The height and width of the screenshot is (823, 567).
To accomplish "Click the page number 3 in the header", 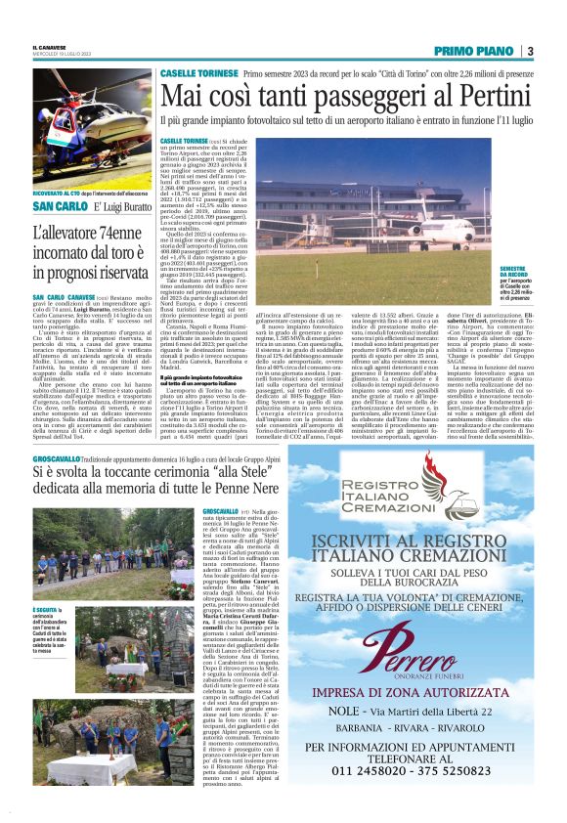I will [x=530, y=51].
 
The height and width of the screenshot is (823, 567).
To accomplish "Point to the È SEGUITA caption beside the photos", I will [x=45, y=612].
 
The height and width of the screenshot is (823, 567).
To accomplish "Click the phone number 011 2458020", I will [x=363, y=796].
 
